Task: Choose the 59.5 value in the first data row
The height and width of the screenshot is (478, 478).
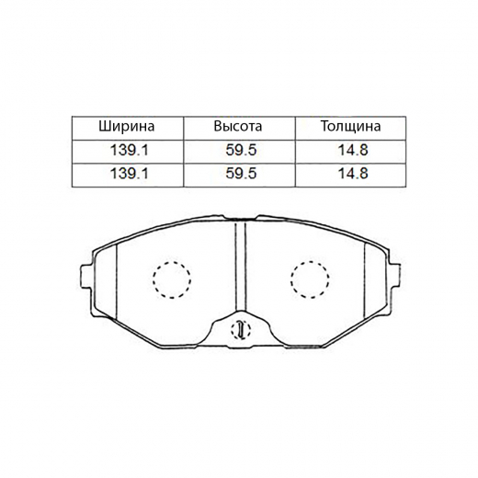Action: click(238, 150)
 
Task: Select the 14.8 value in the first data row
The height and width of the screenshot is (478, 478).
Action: click(349, 150)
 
